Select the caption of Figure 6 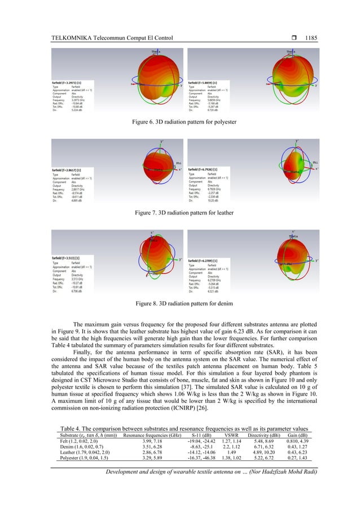(x=180, y=121)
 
